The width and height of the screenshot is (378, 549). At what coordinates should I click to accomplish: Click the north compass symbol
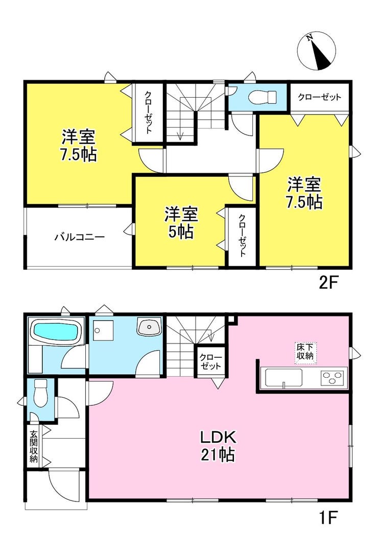click(316, 51)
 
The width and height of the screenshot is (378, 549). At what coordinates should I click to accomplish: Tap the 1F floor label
click(327, 518)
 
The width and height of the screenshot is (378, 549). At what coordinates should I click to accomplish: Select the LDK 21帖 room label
click(219, 446)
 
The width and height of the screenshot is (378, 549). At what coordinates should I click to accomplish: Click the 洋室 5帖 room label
click(181, 223)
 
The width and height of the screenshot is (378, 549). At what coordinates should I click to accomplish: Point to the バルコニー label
click(80, 237)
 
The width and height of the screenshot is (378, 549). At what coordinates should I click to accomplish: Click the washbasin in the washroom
click(150, 327)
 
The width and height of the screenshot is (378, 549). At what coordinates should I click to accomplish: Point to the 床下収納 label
click(305, 352)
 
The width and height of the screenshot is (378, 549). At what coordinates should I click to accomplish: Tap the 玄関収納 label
click(34, 446)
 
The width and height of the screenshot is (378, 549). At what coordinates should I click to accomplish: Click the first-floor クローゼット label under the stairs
click(210, 361)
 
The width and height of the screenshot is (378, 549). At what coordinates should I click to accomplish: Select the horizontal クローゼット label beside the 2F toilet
click(319, 97)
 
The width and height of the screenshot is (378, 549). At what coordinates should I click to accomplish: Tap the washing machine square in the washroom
click(103, 331)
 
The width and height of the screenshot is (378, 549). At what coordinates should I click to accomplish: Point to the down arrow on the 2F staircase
click(181, 136)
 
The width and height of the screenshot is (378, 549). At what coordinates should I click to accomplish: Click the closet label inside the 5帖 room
click(242, 236)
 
